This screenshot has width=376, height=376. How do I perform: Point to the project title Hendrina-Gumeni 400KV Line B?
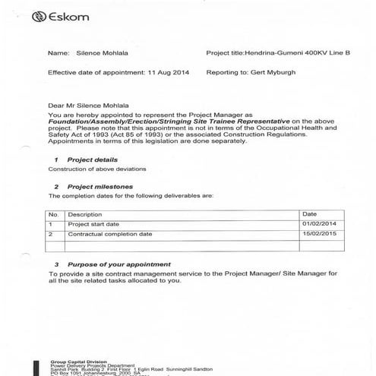click(289, 54)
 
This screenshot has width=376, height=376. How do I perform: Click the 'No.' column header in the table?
click(54, 215)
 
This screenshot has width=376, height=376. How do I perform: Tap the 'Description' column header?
click(85, 215)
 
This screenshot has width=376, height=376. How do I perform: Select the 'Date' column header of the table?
click(309, 215)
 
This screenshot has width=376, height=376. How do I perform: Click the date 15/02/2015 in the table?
click(318, 235)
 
